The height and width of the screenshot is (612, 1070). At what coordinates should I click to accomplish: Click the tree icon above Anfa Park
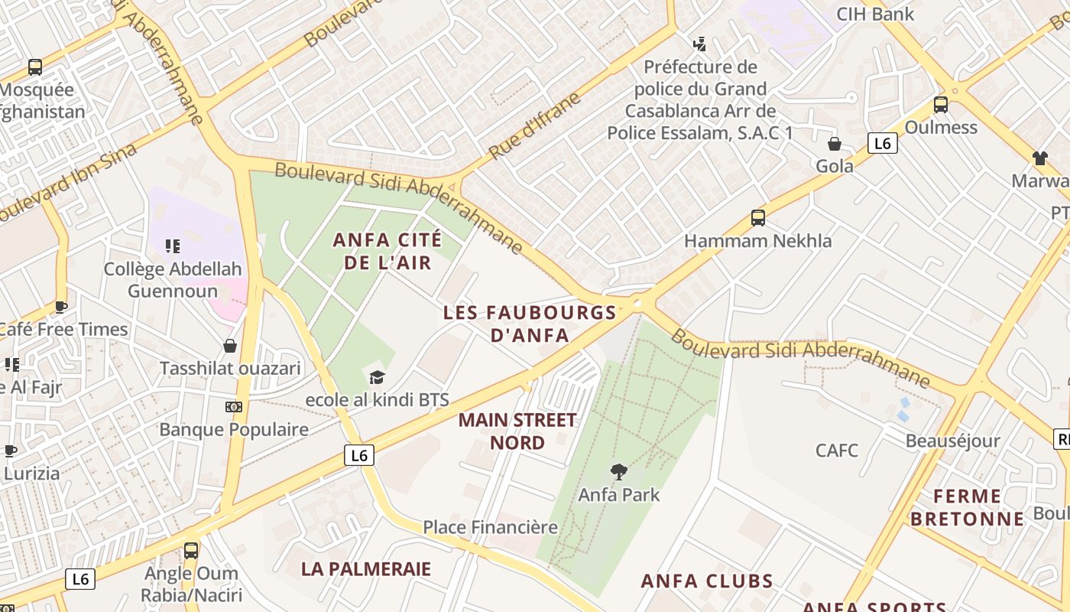tap(618, 472)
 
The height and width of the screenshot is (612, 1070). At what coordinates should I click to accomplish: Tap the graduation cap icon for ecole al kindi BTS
tap(377, 377)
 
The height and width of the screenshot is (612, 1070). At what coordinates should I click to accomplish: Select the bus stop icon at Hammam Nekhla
tap(757, 218)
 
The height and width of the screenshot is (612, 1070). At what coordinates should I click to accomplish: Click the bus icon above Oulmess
tap(941, 105)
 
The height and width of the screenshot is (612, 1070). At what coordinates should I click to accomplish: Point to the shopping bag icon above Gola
tap(835, 144)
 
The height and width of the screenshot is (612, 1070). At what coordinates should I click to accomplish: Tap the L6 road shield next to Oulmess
tap(882, 143)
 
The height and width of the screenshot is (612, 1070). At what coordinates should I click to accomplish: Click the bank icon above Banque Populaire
tap(234, 407)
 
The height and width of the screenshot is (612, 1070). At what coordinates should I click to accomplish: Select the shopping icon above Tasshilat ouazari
tap(229, 347)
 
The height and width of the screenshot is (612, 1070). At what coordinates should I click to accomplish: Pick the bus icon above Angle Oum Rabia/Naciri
tap(191, 550)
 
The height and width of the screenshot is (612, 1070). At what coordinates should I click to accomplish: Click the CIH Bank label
tap(875, 14)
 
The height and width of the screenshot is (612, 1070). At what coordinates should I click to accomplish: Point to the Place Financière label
tap(490, 527)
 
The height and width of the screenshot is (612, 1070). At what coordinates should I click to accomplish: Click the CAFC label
tap(837, 450)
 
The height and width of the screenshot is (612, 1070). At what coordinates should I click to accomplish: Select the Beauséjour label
tap(952, 441)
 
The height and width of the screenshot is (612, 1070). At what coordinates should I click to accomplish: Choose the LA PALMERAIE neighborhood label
tap(366, 569)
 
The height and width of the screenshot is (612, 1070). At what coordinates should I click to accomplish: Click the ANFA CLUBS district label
tap(707, 581)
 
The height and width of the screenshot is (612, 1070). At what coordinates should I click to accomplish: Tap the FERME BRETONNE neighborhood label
tap(967, 507)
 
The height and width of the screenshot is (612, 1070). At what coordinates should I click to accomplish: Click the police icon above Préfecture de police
tap(699, 44)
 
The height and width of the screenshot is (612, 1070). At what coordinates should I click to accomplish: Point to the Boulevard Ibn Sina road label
tap(69, 184)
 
